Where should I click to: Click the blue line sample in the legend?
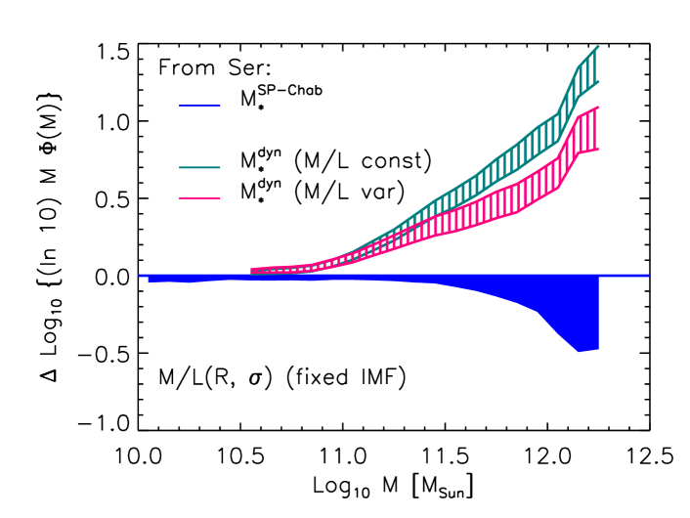tap(199, 106)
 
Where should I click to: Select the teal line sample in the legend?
tap(199, 168)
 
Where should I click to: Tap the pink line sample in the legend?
tap(199, 198)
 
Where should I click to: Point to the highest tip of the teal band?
tap(597, 46)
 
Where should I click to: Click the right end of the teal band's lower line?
tap(597, 82)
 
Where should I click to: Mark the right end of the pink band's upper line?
tap(597, 108)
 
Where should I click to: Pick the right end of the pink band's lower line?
tap(597, 150)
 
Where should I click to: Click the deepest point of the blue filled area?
tap(581, 351)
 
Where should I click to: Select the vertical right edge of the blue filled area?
tap(598, 313)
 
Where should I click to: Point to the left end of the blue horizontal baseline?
tap(140, 276)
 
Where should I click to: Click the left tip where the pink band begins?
tap(252, 271)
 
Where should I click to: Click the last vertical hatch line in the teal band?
tap(593, 66)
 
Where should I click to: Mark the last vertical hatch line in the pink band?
tap(593, 130)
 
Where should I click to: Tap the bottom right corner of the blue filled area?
tap(597, 348)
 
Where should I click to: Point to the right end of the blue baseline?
tap(648, 276)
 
